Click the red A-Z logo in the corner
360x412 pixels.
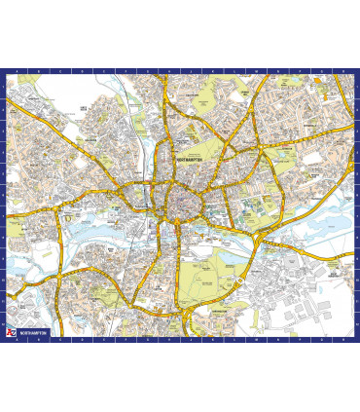[x=12, y=333]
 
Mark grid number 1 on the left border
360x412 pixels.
[x=4, y=88]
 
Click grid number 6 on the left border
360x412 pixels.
[x=4, y=194]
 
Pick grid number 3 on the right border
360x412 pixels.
[x=356, y=131]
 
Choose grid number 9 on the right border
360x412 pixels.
[x=356, y=257]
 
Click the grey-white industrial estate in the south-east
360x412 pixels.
[x=302, y=302]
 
